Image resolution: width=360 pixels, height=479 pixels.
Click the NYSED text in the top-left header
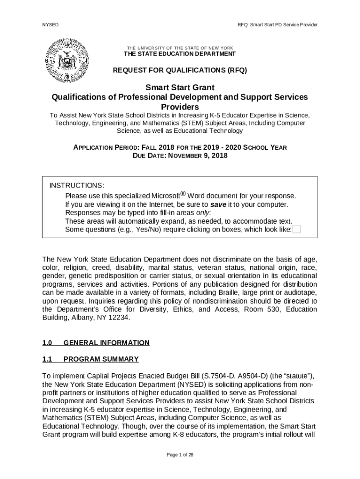click(x=50, y=24)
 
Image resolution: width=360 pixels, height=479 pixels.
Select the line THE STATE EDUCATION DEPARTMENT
click(x=180, y=54)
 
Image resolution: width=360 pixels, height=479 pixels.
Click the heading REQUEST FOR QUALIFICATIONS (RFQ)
click(x=180, y=71)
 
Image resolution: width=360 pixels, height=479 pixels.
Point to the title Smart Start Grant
click(x=180, y=87)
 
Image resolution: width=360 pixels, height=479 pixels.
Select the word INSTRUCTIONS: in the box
click(x=77, y=186)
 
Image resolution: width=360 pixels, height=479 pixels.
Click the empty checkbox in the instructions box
click(x=296, y=229)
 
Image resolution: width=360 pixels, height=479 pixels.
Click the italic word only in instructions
click(x=202, y=213)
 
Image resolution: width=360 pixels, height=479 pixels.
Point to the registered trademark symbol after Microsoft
click(x=183, y=194)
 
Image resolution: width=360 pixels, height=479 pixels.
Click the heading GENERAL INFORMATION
click(x=106, y=343)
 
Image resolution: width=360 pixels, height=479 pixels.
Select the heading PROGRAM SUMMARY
click(x=101, y=359)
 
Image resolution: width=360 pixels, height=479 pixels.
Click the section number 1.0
click(x=47, y=343)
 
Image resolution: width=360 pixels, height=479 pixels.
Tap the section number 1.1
click(x=47, y=359)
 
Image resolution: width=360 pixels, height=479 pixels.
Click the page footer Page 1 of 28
click(x=180, y=455)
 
